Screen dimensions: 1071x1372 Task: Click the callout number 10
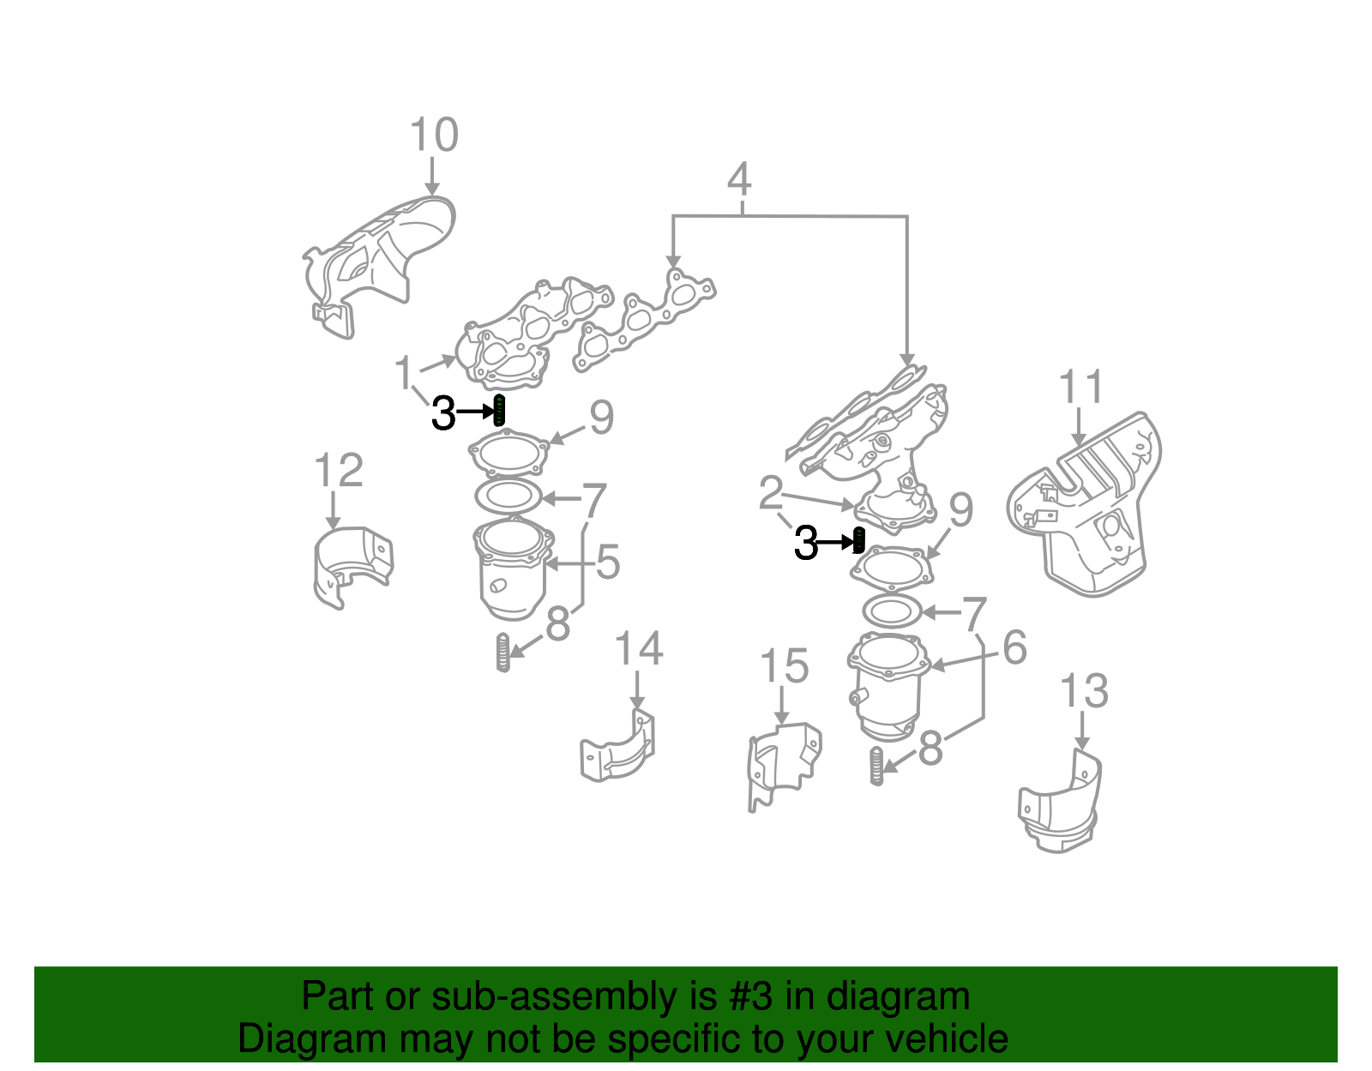coord(434,135)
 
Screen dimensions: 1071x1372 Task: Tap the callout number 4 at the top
coord(739,180)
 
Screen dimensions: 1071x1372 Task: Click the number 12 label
coord(339,471)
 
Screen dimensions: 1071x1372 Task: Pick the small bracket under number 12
coord(352,566)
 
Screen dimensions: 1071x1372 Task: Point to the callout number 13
coord(1084,691)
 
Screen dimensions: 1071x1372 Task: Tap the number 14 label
coord(639,649)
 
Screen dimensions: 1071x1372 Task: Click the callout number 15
coord(785,666)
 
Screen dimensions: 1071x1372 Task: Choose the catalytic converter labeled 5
coord(511,570)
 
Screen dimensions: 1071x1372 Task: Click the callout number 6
coord(1014,647)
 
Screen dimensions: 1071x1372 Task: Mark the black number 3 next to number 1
coord(443,413)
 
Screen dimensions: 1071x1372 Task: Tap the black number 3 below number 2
coord(806,543)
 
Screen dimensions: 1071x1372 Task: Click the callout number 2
coord(771,492)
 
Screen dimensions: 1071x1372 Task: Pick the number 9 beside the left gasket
coord(601,418)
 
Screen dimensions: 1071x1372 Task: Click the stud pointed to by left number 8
coord(503,653)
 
